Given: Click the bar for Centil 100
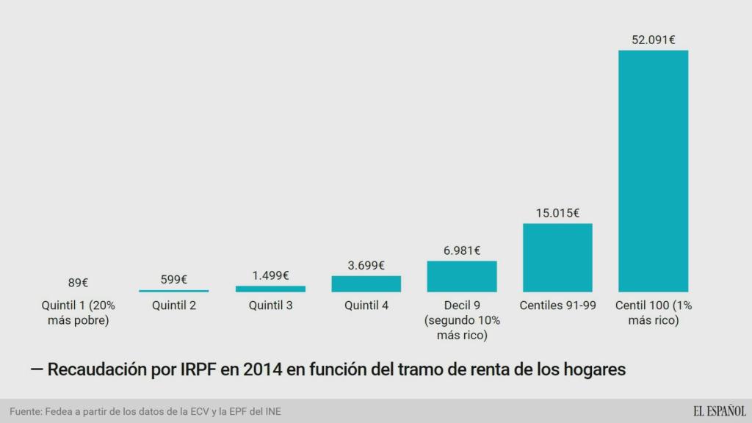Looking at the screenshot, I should (x=653, y=170).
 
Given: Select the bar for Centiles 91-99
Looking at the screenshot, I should (x=557, y=257).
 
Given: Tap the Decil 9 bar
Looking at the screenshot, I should (x=462, y=276).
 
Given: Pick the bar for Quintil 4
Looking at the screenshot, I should (x=366, y=283).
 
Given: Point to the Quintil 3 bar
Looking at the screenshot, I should (x=270, y=289).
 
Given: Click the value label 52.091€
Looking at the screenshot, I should (x=653, y=40).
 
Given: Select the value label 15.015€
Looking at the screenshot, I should (x=557, y=213).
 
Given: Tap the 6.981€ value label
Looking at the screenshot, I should (x=462, y=250).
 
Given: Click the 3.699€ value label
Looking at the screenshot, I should (x=366, y=265).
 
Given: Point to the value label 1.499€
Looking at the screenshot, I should (x=270, y=275).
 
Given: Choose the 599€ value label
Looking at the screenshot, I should (x=174, y=279).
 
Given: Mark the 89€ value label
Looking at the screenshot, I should (x=78, y=282).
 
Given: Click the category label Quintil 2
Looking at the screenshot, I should (x=174, y=305).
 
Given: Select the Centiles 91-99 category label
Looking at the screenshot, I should (x=557, y=305).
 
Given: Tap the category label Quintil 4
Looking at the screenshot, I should (x=366, y=305).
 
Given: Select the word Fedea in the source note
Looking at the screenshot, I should (x=60, y=412).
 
